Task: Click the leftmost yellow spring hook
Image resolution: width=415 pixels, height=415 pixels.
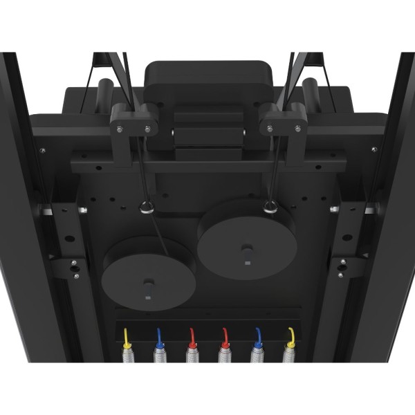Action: coord(127,337)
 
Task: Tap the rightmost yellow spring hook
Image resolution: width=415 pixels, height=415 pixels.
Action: coord(291,337)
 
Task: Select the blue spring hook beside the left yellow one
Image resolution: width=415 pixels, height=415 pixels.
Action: coord(159,338)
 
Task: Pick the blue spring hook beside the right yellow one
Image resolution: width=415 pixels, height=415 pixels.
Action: coord(258,338)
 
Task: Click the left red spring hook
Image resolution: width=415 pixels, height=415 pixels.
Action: coord(192,338)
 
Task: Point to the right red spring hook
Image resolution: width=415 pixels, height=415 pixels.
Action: coord(225,338)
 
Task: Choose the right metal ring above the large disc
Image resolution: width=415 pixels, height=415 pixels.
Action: coord(270,205)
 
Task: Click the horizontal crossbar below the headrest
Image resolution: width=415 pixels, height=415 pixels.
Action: coord(207,165)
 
